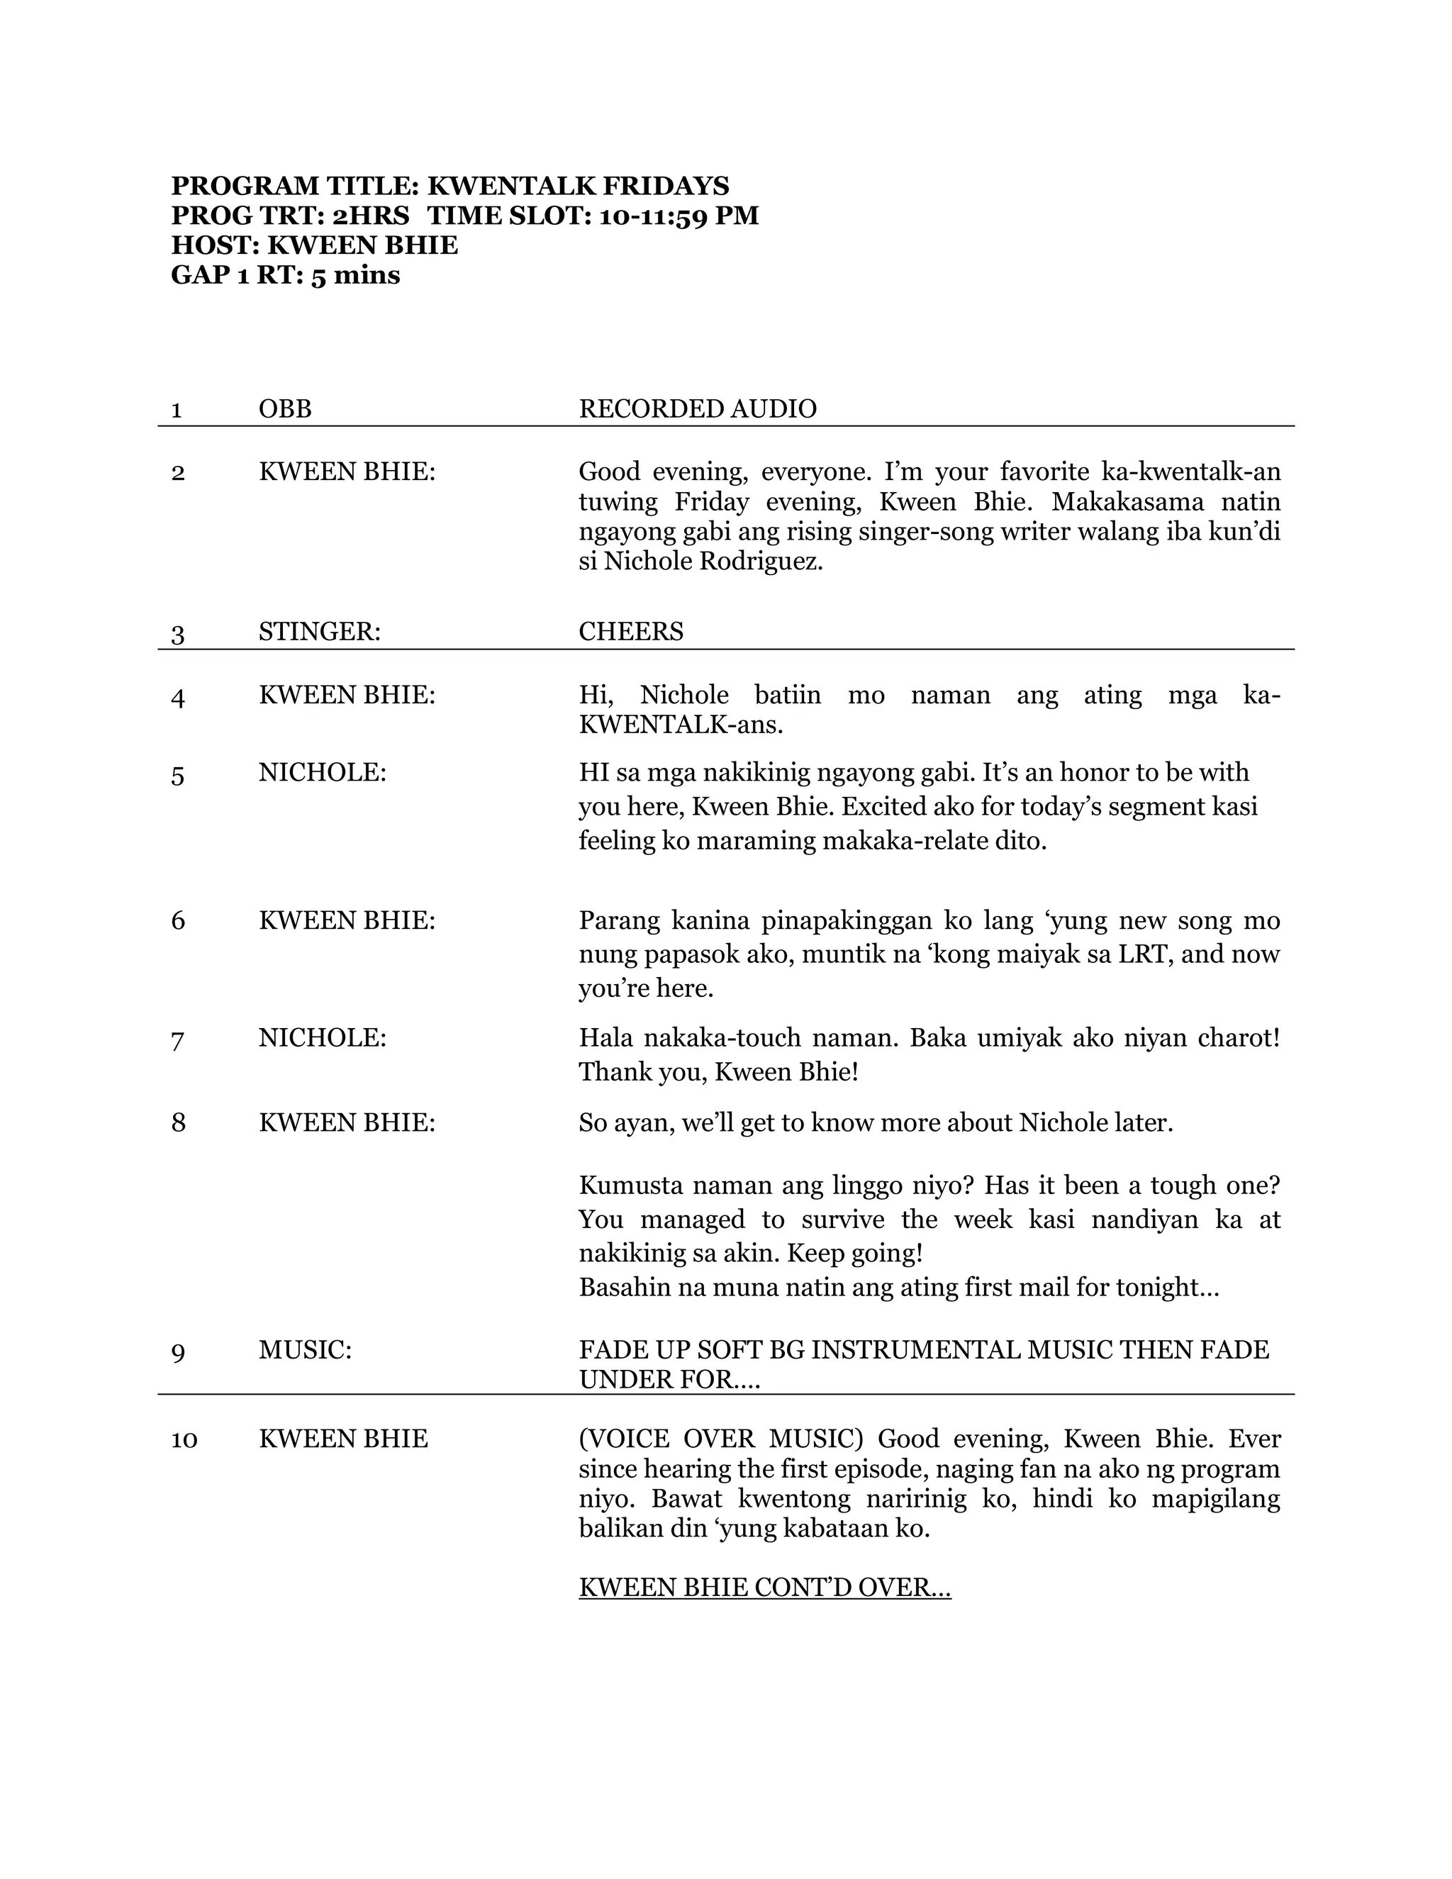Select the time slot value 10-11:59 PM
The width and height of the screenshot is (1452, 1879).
[678, 216]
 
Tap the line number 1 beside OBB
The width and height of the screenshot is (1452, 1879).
[177, 410]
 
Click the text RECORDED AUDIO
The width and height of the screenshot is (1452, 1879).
[697, 408]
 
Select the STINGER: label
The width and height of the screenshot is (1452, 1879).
[319, 632]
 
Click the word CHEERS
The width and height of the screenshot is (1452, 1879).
[630, 632]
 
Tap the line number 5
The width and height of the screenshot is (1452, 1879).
[177, 776]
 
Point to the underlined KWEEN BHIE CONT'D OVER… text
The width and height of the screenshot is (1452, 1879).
[764, 1588]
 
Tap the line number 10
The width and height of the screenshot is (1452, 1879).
[184, 1439]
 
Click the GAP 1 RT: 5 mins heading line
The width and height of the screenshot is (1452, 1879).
[286, 275]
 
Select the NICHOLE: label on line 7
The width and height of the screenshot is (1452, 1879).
[323, 1037]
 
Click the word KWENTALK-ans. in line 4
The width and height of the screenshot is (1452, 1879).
[681, 725]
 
